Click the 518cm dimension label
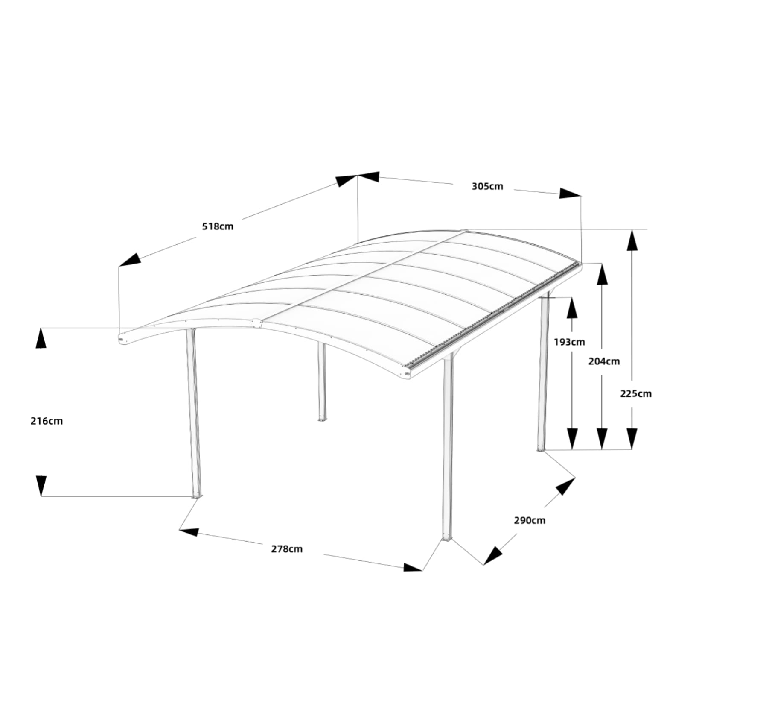218,226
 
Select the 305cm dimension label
487,186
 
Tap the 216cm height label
47,421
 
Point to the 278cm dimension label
287,549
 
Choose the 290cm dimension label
530,520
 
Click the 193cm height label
569,342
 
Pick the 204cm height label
604,361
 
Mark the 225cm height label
636,394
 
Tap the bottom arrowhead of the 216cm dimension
41,486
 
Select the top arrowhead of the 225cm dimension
632,240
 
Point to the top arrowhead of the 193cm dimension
572,308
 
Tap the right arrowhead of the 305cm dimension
570,193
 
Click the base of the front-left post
196,496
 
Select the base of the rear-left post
322,419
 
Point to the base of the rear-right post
541,449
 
